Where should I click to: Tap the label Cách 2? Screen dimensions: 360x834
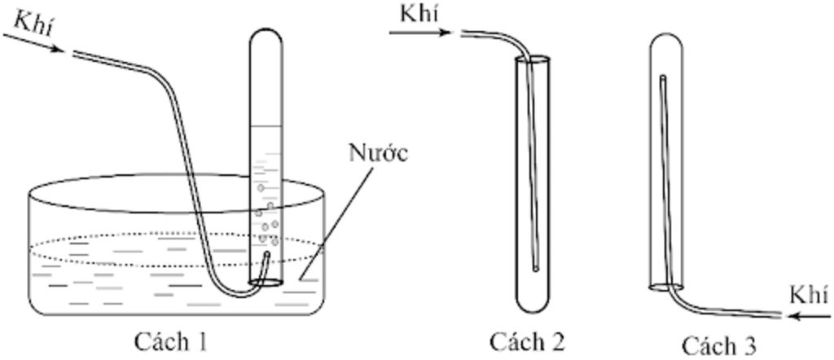(527, 341)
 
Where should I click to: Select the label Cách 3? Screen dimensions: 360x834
(719, 345)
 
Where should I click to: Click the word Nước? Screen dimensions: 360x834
(378, 153)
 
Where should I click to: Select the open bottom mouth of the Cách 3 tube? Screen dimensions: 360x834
(665, 286)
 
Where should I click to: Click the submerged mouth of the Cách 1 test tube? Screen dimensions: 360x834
(266, 283)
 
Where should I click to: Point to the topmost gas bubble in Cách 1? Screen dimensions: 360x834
(261, 188)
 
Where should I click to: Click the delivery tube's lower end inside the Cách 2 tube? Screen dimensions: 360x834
(536, 267)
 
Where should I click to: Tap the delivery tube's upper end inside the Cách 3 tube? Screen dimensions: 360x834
(662, 78)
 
